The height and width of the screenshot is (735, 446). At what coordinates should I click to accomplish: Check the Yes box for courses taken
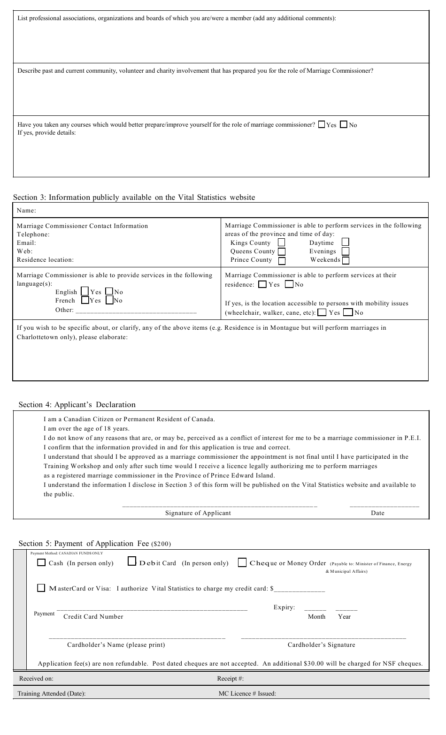tap(322, 125)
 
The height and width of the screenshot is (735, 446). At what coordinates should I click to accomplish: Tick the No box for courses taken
tap(344, 125)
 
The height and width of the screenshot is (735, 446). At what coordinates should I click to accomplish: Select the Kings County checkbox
tap(282, 242)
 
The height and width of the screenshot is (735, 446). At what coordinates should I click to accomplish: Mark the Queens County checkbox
tap(282, 251)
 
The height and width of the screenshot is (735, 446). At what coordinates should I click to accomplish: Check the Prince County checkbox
tap(282, 261)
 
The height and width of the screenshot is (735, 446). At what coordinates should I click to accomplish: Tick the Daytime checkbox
tap(346, 242)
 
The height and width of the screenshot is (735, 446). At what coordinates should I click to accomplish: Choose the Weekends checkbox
tap(346, 260)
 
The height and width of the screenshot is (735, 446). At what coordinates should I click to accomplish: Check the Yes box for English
tap(85, 291)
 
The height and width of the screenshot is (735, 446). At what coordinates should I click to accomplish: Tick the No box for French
tap(109, 300)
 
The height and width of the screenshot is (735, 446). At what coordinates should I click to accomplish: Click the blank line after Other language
tap(136, 311)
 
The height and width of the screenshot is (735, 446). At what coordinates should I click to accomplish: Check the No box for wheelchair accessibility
tap(348, 312)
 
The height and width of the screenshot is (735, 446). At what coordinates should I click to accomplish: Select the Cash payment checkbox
tap(42, 562)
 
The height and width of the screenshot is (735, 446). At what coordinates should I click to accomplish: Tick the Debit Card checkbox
tap(132, 561)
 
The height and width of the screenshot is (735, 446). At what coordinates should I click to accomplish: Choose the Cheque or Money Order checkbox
tap(242, 562)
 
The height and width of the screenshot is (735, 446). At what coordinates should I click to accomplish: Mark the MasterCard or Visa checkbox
tap(42, 588)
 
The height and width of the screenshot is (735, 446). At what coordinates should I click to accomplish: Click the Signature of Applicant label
tap(198, 513)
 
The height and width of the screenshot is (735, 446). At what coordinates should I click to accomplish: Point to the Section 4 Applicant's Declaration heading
tap(77, 405)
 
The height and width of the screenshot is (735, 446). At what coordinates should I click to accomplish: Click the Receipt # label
tap(230, 679)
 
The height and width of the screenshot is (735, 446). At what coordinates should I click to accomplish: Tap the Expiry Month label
tap(316, 617)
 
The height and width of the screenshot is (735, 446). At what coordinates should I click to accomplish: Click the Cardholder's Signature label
tap(321, 645)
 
